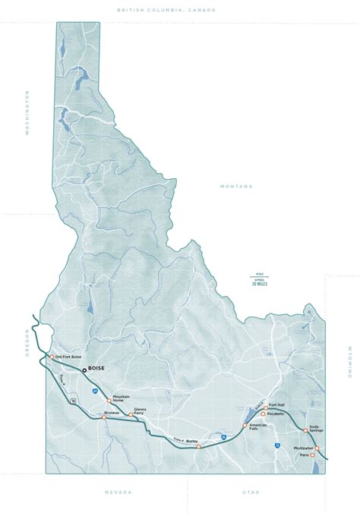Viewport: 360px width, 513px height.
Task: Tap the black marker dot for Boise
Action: pos(84,371)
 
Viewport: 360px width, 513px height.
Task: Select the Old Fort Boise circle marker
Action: pos(52,357)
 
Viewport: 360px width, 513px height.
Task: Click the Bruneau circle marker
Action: pos(104,417)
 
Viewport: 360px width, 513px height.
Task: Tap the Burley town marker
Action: pos(198,447)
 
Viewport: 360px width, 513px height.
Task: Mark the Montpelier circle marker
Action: pos(317,448)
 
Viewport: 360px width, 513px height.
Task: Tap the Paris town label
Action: pos(304,455)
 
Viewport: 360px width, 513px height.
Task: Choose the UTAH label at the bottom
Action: pos(251,493)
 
